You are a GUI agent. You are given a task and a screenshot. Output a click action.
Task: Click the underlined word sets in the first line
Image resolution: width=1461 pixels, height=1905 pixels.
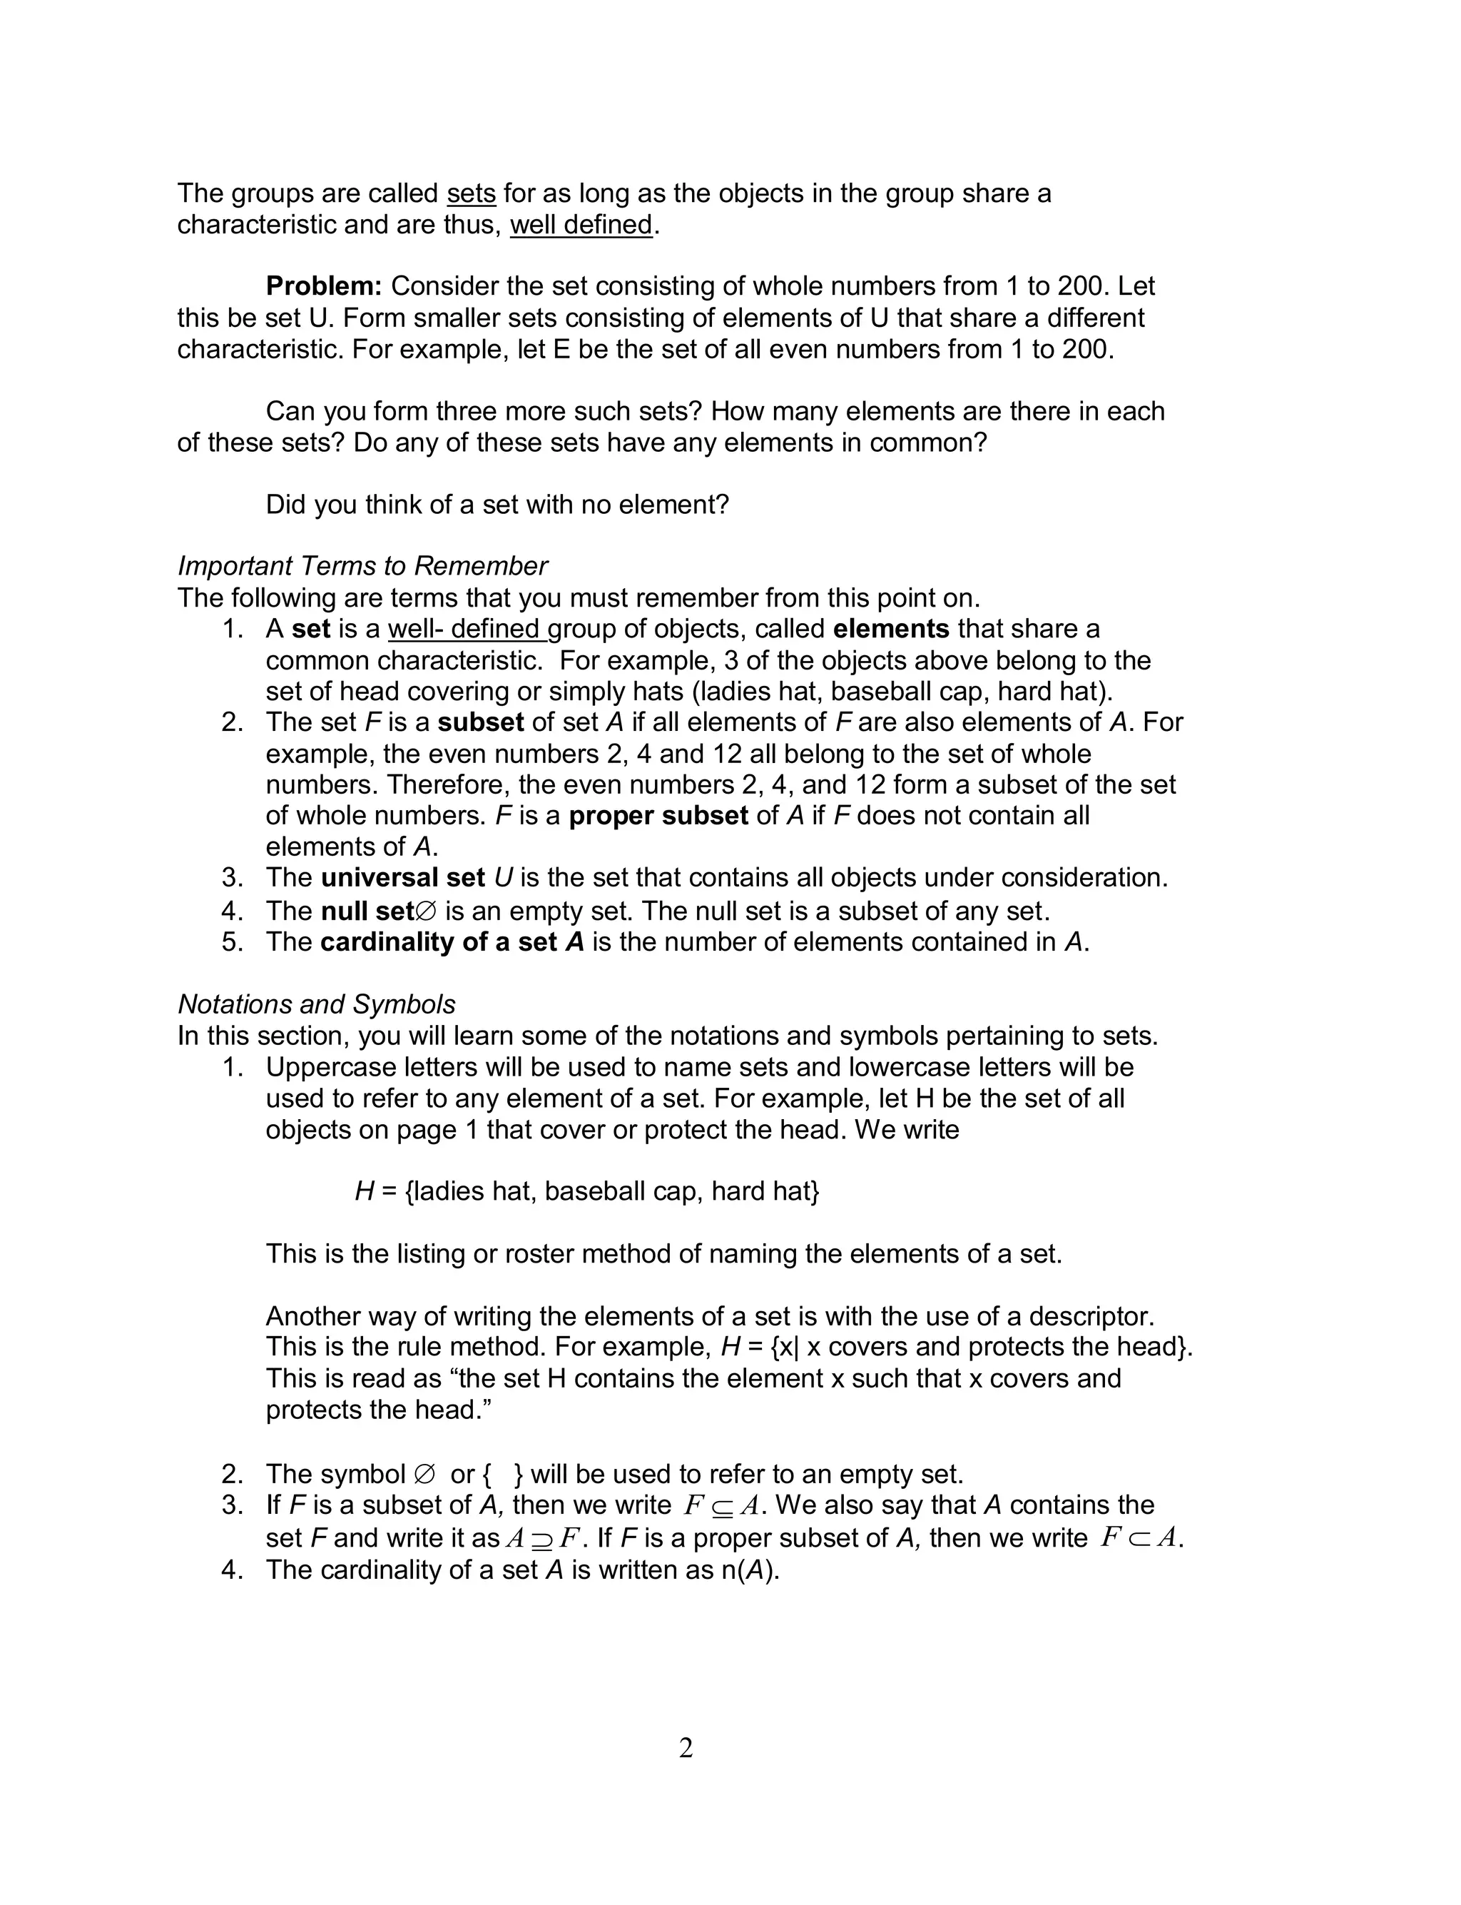[x=471, y=193]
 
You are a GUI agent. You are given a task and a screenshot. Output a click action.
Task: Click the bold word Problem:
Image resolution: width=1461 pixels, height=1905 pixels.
[x=323, y=286]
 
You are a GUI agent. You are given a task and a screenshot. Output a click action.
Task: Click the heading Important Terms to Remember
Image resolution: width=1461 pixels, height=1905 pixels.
[x=362, y=566]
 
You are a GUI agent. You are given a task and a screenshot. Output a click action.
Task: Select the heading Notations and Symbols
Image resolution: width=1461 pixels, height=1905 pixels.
[x=317, y=1005]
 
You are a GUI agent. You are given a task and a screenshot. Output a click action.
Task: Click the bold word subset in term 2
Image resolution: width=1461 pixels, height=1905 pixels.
[x=480, y=723]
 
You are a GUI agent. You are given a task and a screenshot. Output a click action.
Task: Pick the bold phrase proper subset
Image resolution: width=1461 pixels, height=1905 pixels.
[x=658, y=816]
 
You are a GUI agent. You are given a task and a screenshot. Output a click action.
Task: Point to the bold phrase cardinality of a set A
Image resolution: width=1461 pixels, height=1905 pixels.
[x=452, y=943]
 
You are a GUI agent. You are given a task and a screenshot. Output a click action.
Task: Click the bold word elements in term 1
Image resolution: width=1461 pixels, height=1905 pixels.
[x=890, y=629]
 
